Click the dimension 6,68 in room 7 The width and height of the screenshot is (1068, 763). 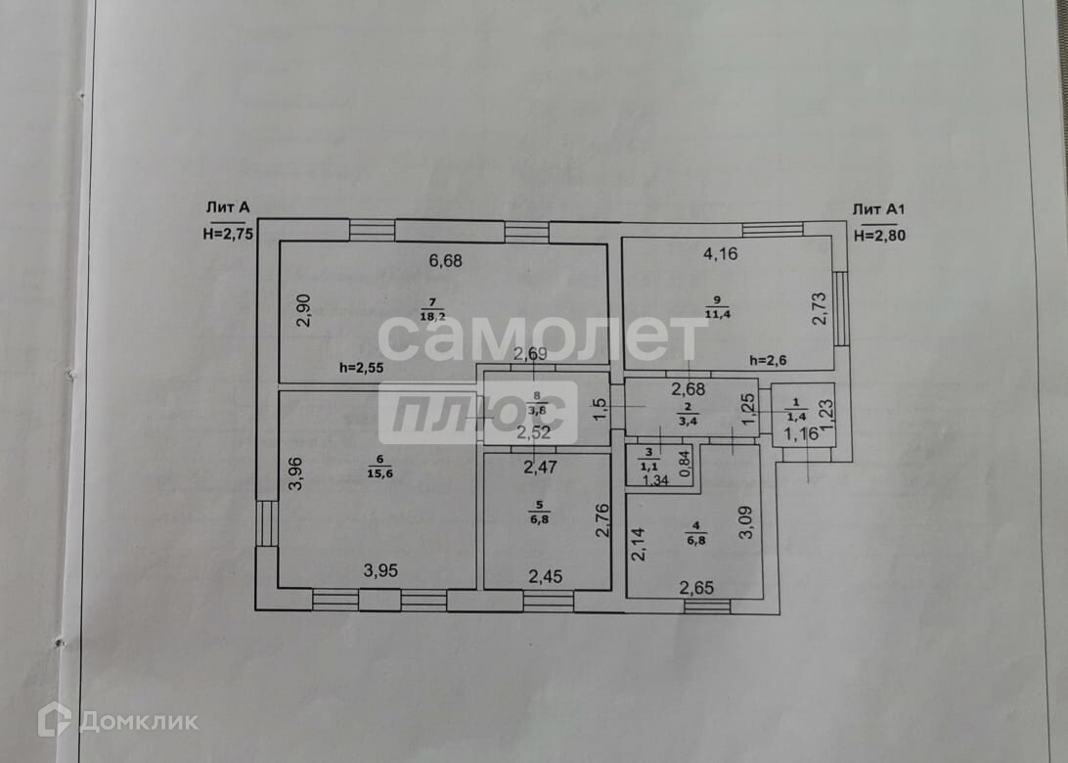(x=445, y=260)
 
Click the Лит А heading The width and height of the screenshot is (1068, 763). (x=228, y=207)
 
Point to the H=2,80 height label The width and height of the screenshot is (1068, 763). (x=879, y=235)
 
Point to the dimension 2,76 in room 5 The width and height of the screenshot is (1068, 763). (x=603, y=520)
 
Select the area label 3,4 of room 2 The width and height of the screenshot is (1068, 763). (x=688, y=423)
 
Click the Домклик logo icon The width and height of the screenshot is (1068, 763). (x=54, y=721)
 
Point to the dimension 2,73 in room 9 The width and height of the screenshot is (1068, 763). (x=820, y=309)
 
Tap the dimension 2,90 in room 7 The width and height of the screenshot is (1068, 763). (x=303, y=309)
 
